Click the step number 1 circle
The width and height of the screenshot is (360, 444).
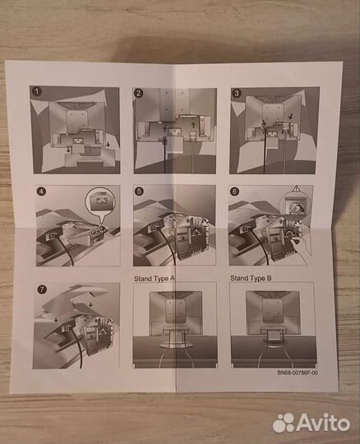[37, 91]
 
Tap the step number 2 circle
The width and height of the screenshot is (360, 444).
[138, 93]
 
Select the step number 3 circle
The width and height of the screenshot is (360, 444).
[237, 93]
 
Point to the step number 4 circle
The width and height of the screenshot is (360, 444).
[41, 191]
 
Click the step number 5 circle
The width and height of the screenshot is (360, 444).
[139, 192]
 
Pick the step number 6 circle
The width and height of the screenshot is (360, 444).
[234, 192]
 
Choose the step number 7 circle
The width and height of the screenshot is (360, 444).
[42, 289]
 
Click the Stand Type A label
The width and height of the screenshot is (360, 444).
[155, 279]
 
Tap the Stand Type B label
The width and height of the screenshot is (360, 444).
[251, 279]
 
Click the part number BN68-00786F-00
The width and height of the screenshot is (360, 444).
[298, 372]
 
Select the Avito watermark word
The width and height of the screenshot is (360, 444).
[323, 423]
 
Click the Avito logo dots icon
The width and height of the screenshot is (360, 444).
[284, 423]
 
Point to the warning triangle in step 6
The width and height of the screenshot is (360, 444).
[296, 188]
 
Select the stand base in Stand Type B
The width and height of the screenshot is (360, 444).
[273, 338]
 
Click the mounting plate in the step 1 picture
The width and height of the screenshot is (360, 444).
[76, 118]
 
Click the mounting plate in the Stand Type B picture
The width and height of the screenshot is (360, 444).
[273, 311]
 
